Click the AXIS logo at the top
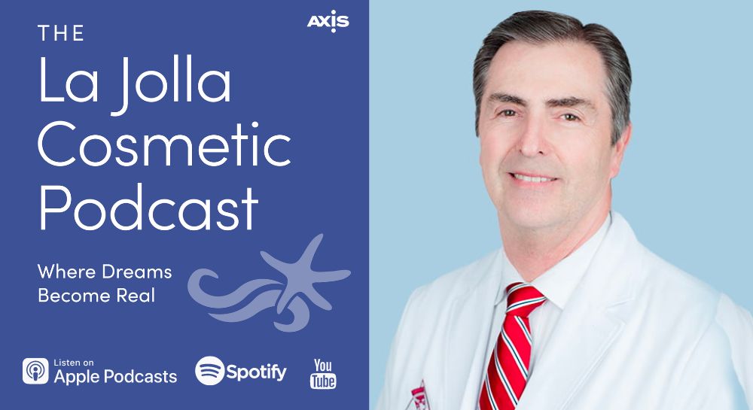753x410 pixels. [328, 22]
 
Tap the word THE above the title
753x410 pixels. [61, 34]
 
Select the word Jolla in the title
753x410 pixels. [172, 83]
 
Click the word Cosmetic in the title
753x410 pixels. [164, 144]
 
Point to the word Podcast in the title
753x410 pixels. [148, 208]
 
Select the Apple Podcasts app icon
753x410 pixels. [35, 371]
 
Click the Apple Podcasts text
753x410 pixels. [115, 376]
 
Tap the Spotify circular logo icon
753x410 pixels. [210, 371]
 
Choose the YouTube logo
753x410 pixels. [323, 374]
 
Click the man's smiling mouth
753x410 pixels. [533, 178]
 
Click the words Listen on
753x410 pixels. [74, 363]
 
